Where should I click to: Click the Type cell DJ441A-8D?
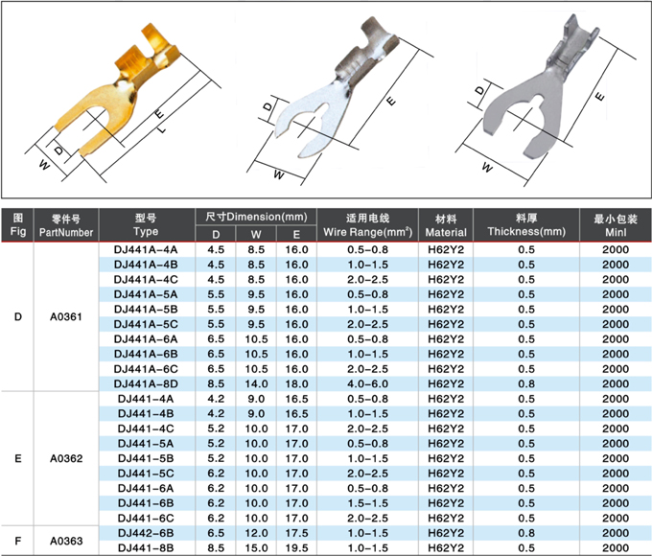(146, 383)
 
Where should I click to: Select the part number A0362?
(66, 458)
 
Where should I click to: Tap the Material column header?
(446, 225)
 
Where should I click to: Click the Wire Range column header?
(367, 225)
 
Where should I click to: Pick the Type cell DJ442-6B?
(146, 533)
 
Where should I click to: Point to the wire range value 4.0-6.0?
(367, 383)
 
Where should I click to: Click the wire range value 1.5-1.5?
(367, 503)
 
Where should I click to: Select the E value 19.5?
(296, 547)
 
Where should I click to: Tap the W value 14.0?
(256, 383)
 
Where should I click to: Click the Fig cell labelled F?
(18, 541)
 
